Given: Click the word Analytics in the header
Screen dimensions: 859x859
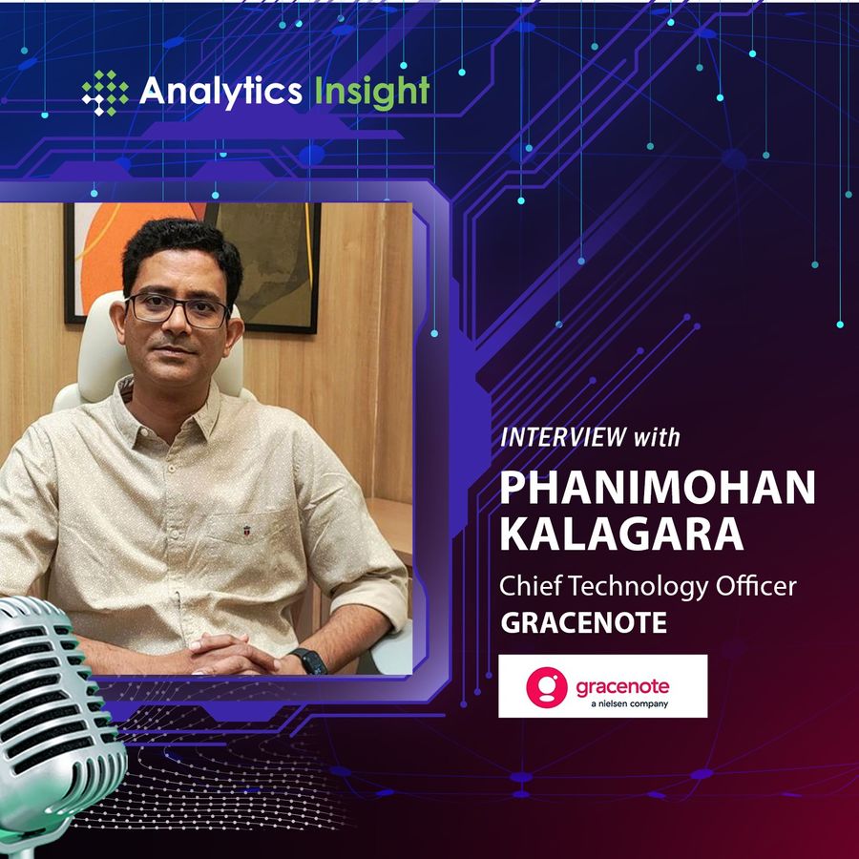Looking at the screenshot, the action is click(220, 91).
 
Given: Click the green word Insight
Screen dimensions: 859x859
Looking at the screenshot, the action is click(372, 91).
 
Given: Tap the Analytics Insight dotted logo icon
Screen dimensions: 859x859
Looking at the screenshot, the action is click(105, 93).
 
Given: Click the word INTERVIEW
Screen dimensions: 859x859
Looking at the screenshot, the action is click(564, 437).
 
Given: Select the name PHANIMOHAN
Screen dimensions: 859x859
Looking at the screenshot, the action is click(658, 488).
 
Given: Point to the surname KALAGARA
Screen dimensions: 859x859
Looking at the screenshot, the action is click(621, 534).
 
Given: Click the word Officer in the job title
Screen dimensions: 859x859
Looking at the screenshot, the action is click(756, 586).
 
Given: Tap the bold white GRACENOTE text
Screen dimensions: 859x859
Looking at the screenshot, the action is click(583, 623).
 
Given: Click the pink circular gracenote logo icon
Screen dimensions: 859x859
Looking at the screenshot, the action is click(547, 687).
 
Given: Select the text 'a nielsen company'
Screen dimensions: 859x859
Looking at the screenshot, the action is click(630, 703).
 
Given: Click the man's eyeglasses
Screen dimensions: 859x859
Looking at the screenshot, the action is click(178, 309).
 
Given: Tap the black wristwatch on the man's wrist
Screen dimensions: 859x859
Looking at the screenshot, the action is click(310, 660).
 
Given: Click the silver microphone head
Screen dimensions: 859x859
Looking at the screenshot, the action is click(54, 706).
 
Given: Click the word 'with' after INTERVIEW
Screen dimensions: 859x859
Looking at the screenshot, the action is click(657, 438).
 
